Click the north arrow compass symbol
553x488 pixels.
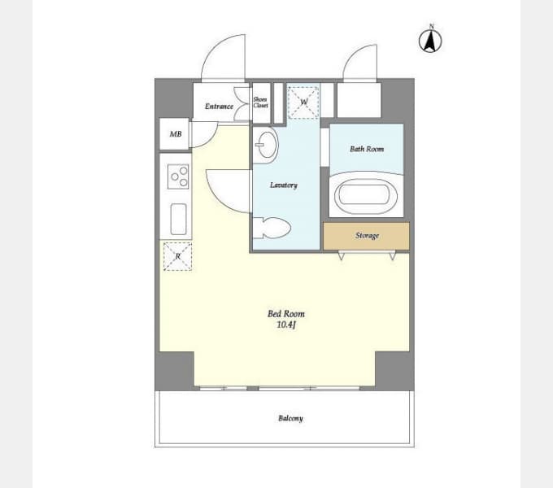point(430,40)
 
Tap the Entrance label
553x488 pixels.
point(219,106)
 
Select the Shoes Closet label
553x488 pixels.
point(260,102)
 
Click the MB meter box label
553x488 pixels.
point(176,134)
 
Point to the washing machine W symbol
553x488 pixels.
point(303,102)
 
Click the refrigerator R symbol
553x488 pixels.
point(178,256)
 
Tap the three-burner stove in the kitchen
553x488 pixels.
point(178,176)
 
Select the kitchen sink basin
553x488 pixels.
point(178,220)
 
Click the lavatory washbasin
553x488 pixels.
point(266,145)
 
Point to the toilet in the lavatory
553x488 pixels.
point(272,228)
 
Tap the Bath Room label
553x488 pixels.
point(367,149)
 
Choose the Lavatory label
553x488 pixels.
point(284,185)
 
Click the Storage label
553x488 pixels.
point(367,236)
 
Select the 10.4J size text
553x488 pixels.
point(286,325)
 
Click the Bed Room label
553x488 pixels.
point(286,313)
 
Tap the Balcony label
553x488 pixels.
point(290,418)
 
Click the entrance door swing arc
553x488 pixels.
point(215,45)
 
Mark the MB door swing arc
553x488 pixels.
point(211,141)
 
